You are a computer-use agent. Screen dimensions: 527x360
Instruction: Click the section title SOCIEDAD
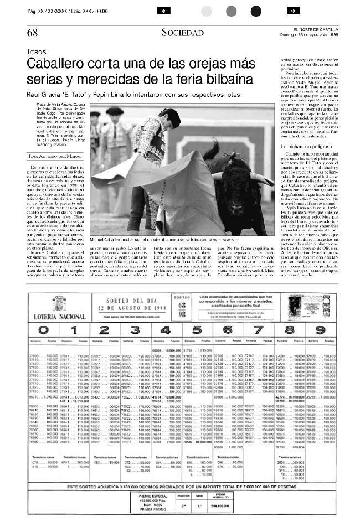tap(182, 33)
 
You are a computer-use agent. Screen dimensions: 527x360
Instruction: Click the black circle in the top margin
tap(255, 11)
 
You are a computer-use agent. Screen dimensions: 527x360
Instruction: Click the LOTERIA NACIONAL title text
tap(66, 317)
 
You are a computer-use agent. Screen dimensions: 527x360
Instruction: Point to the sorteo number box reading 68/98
tap(179, 306)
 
